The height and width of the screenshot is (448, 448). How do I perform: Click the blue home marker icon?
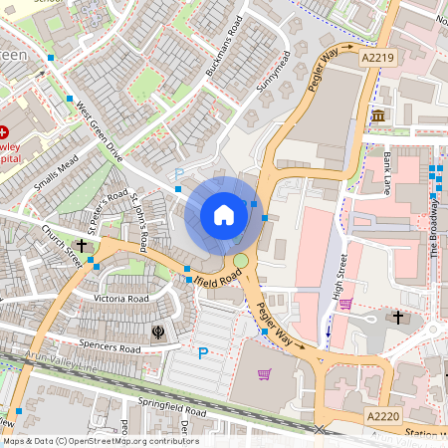pyautogui.click(x=224, y=215)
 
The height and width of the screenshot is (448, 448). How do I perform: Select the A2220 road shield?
pyautogui.click(x=381, y=416)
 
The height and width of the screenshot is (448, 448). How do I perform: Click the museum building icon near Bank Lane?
pyautogui.click(x=378, y=117)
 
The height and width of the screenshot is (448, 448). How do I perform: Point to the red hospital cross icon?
pyautogui.click(x=4, y=131)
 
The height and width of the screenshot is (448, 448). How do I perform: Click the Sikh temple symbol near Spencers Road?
pyautogui.click(x=156, y=330)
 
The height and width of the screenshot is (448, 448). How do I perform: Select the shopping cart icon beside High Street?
pyautogui.click(x=345, y=304)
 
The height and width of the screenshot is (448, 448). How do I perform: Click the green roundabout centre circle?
pyautogui.click(x=240, y=261)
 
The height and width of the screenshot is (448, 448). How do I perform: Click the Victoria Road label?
pyautogui.click(x=121, y=298)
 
